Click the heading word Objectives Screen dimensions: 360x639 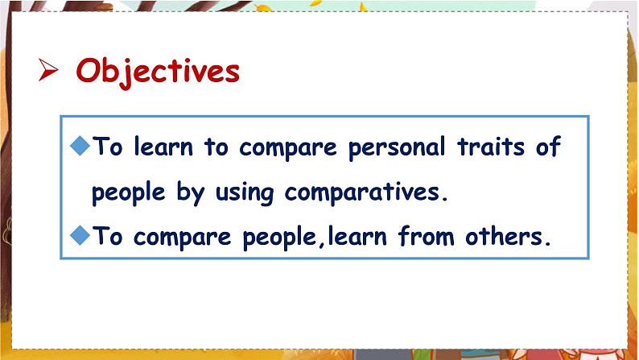(158, 72)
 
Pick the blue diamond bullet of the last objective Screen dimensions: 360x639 (79, 235)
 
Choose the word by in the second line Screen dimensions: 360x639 (187, 193)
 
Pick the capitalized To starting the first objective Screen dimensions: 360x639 (108, 148)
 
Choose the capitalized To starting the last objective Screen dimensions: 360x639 (108, 237)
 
